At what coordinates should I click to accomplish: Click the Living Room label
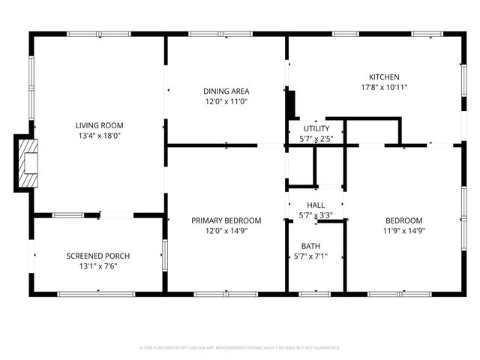coord(99,125)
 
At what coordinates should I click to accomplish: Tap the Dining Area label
coord(226,91)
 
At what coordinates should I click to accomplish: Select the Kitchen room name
coord(383,76)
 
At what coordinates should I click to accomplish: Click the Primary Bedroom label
coord(226,220)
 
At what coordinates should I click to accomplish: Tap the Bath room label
coord(310,246)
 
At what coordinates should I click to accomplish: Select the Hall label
coord(315,205)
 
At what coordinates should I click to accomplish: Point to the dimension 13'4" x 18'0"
coord(99,136)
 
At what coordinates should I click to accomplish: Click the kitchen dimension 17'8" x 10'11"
coord(383,87)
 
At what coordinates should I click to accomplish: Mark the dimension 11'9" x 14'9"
coord(403,231)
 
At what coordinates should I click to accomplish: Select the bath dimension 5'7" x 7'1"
coord(310,256)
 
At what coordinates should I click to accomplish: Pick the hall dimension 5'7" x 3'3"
coord(315,216)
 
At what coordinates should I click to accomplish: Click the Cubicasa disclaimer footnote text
coord(240,348)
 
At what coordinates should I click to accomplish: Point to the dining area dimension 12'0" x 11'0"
coord(226,101)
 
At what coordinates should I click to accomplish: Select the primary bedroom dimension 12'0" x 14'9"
coord(226,231)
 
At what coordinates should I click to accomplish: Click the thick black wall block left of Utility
coord(292,103)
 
